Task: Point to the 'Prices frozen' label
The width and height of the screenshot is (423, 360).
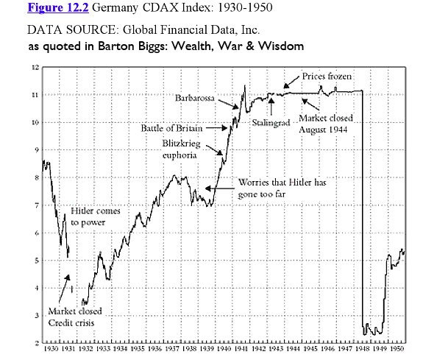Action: coord(328,77)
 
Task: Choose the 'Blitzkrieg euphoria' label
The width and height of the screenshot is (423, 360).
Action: coord(181,150)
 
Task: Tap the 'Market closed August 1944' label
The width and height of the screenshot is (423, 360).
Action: coord(326,123)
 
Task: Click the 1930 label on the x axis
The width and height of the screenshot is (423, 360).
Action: coord(51,350)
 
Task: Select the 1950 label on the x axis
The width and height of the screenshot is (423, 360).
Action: coord(397,350)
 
